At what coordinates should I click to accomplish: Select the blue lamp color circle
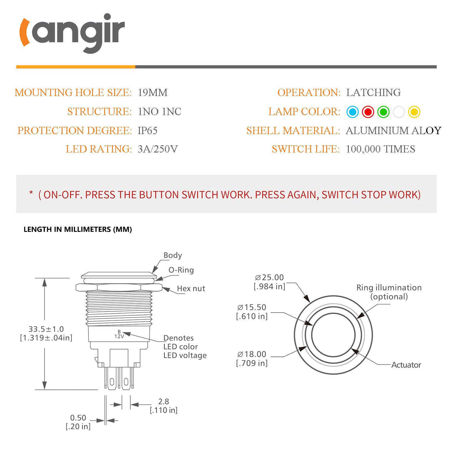tap(352, 112)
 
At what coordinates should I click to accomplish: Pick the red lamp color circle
tap(368, 112)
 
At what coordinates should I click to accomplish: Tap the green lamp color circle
tap(383, 112)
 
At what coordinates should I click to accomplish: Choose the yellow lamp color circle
tap(414, 112)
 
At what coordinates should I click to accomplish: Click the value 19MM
tap(153, 92)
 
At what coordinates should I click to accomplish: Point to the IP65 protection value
tap(147, 130)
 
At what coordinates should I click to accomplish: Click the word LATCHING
tap(373, 92)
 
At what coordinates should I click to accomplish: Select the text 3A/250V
tap(157, 149)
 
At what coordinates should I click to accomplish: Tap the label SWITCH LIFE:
tap(306, 149)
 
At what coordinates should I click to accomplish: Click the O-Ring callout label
tap(181, 270)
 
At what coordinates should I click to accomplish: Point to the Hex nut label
tap(191, 288)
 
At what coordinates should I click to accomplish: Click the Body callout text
tap(172, 255)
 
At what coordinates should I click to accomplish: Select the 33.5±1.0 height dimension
tap(46, 329)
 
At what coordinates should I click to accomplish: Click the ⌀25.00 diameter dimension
tap(269, 277)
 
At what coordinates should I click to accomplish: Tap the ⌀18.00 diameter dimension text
tap(252, 354)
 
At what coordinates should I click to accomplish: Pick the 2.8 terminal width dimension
tap(163, 401)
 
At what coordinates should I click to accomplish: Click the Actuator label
tap(406, 365)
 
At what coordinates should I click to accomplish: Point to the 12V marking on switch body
tap(119, 336)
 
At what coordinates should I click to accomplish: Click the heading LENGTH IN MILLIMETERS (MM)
tap(78, 229)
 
